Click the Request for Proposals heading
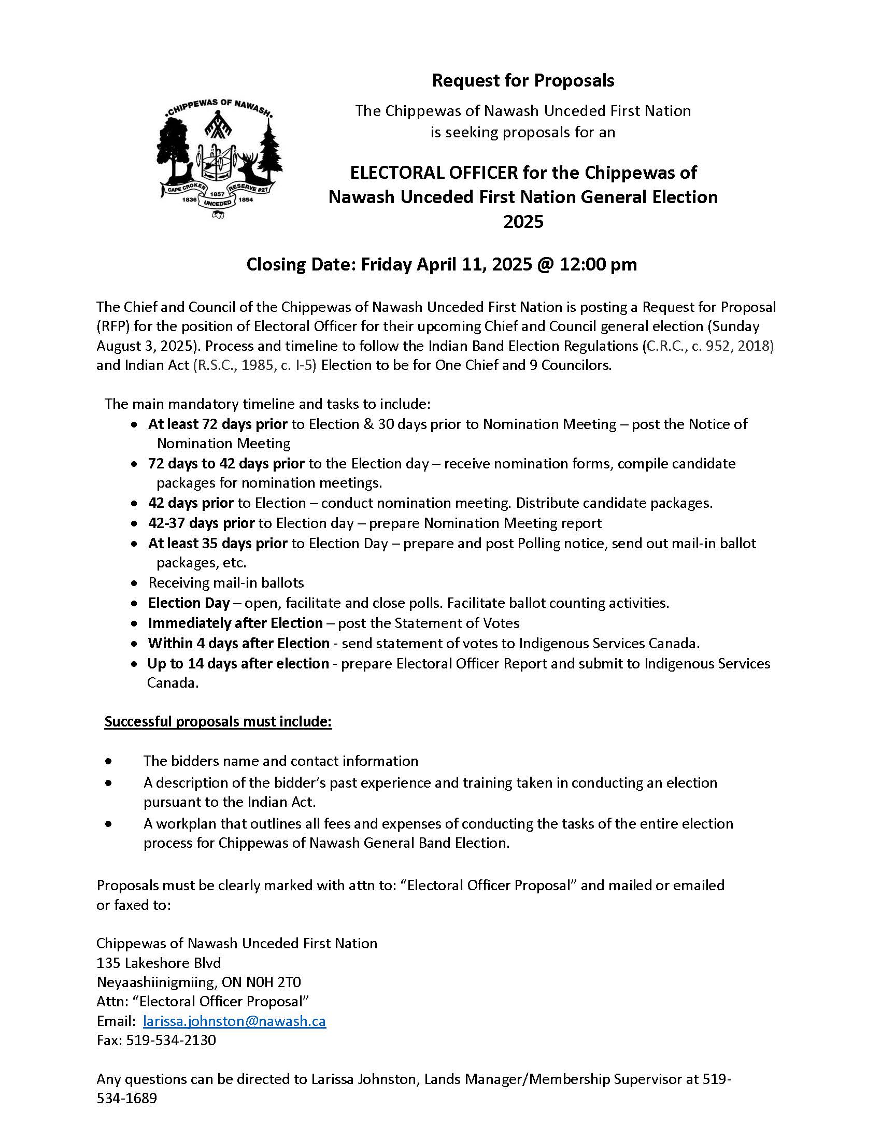[523, 81]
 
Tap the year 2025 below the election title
[523, 222]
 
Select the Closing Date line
[441, 265]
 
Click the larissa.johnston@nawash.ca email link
[234, 1021]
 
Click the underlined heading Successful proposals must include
[218, 721]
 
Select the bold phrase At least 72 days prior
[218, 424]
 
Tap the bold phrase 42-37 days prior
[202, 523]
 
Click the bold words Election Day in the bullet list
[189, 603]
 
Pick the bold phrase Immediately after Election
[235, 623]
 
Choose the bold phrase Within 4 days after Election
[238, 643]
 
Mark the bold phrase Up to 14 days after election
[238, 663]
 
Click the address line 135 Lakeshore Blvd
[159, 963]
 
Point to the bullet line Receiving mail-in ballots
[226, 582]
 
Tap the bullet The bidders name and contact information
[281, 761]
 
